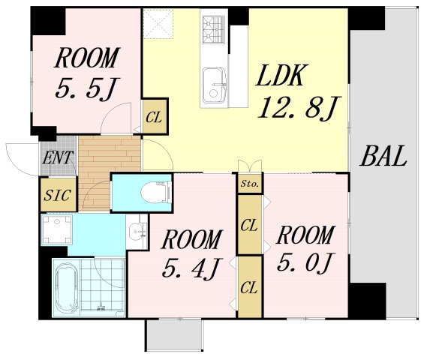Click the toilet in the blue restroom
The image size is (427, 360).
point(156,191)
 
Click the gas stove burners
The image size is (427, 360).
point(214,29)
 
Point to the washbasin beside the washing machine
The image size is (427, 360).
point(137,231)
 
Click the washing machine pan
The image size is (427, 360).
point(56,229)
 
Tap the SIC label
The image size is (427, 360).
point(58,195)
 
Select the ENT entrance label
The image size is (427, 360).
point(58,157)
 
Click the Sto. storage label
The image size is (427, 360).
point(249,184)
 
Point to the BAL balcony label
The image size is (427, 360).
point(383,156)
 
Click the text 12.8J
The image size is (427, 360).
point(298,108)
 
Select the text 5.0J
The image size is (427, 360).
point(304,262)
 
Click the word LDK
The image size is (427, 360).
point(282,75)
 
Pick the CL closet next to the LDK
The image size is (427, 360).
point(155,116)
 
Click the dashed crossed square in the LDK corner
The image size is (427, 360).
point(158,24)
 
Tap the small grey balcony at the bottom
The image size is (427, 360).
point(174,335)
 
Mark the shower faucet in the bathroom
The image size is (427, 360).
point(101,307)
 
